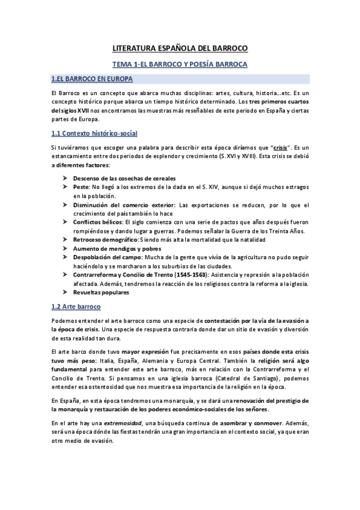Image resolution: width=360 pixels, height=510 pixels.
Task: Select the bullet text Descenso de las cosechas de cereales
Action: point(124,179)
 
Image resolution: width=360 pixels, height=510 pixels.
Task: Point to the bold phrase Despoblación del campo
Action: point(106,257)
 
